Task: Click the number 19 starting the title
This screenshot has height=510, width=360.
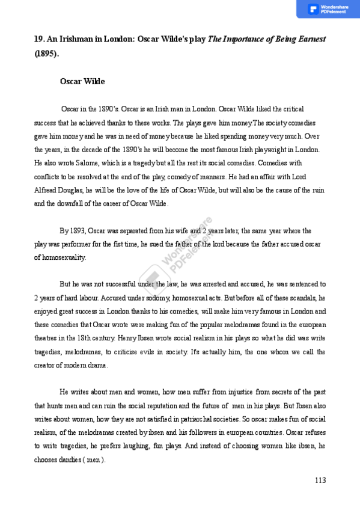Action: tap(39, 39)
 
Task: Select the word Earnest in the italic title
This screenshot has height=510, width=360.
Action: tap(311, 39)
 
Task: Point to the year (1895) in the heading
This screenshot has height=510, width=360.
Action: tap(46, 53)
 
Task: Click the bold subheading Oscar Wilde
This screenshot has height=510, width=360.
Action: tap(82, 81)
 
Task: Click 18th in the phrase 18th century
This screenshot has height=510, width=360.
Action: tap(89, 338)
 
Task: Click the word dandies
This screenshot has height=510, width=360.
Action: tap(67, 460)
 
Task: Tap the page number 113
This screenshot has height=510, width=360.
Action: tap(320, 480)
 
